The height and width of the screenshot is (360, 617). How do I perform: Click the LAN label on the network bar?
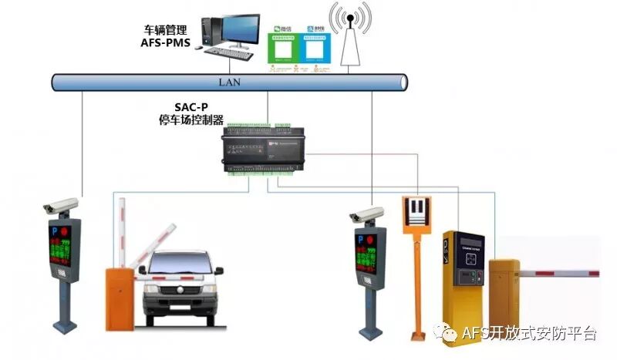(231, 81)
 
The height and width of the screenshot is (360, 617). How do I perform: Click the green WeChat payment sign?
(282, 47)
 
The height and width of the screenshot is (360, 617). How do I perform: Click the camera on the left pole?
(62, 205)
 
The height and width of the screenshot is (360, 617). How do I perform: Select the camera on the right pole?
(366, 214)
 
